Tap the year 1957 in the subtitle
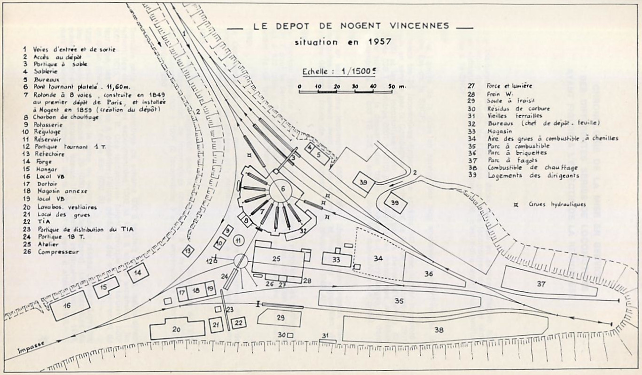click(381, 41)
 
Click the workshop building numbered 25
click(277, 259)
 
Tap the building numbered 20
click(177, 329)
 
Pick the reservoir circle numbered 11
click(239, 241)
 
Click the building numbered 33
click(336, 259)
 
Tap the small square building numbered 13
click(188, 251)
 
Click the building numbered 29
click(280, 318)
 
